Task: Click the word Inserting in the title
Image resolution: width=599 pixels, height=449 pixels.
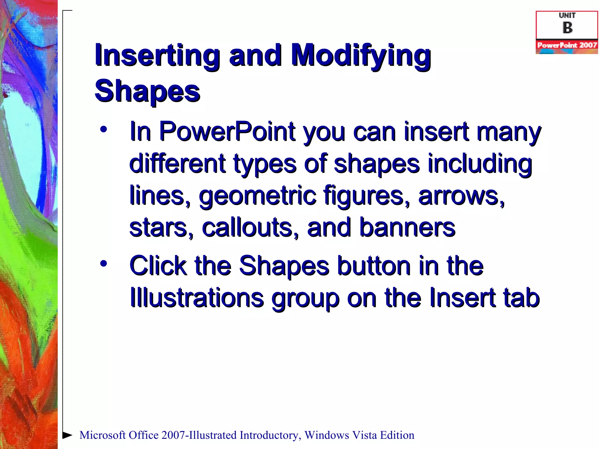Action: click(x=157, y=56)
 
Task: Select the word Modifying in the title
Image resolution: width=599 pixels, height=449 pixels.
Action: click(x=360, y=56)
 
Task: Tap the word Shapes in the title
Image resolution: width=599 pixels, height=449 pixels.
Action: click(x=147, y=91)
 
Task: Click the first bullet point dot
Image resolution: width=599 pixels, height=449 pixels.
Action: click(x=103, y=129)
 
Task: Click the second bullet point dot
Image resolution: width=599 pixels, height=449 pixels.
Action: click(x=103, y=264)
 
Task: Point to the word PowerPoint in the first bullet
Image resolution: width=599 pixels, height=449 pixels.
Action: click(x=228, y=132)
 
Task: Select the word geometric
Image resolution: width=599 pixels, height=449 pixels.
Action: click(x=257, y=196)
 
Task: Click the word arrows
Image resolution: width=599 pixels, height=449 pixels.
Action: click(x=461, y=196)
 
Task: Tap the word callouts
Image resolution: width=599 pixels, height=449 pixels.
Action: click(x=250, y=228)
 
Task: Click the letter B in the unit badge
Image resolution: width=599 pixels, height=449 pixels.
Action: click(x=567, y=28)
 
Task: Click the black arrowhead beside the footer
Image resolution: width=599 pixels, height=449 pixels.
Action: click(x=67, y=435)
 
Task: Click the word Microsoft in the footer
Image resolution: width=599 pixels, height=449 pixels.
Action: click(x=102, y=435)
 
